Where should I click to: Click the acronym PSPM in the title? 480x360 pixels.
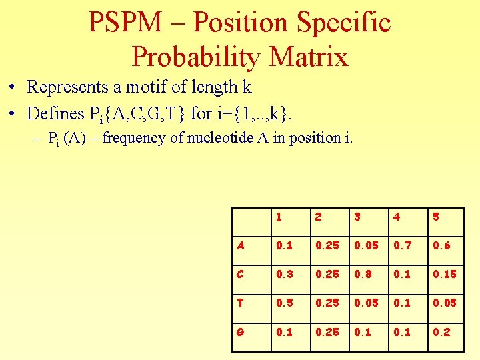(x=125, y=23)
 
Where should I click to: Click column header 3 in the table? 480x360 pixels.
(x=358, y=217)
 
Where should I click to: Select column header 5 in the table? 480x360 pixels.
(x=437, y=217)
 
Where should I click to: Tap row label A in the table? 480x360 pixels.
(x=240, y=245)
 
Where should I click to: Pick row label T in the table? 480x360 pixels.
(x=240, y=303)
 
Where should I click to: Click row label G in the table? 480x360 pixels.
(x=240, y=331)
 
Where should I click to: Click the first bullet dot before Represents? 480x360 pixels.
(x=13, y=87)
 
